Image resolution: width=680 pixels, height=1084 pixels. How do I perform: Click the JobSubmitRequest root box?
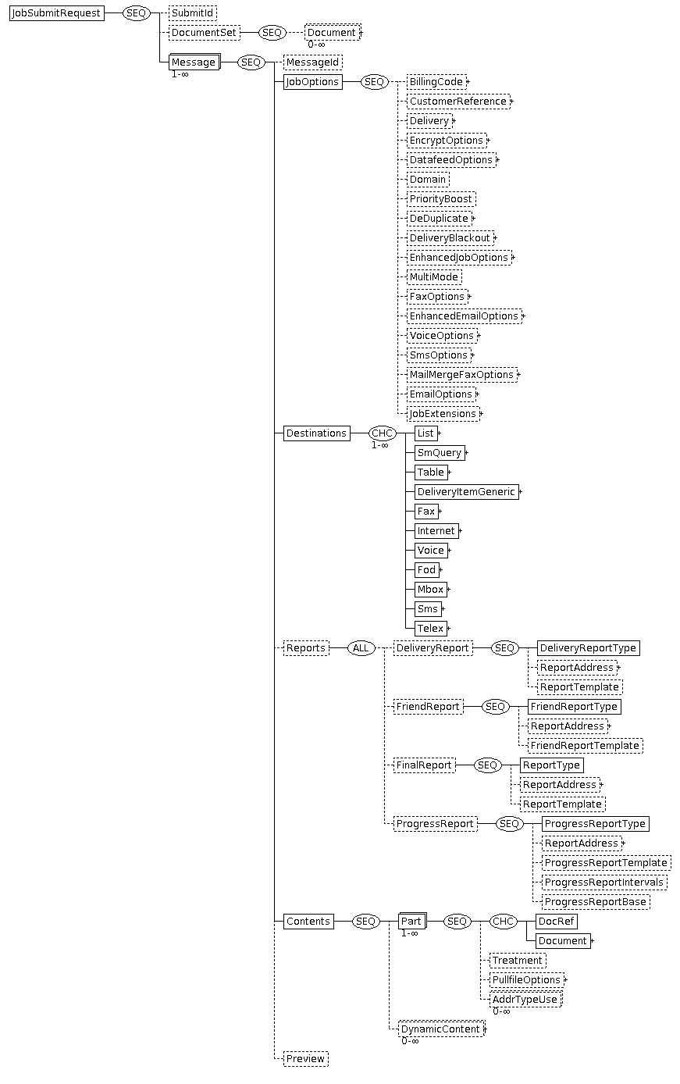point(56,13)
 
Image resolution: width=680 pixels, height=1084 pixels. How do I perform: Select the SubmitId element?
point(193,13)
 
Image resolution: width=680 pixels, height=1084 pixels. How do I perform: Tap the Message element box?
point(194,62)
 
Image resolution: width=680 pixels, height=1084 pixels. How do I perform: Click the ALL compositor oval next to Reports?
point(361,648)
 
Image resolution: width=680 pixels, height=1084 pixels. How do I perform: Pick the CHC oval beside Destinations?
point(382,433)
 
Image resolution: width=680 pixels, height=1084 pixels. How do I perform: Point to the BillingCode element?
point(436,82)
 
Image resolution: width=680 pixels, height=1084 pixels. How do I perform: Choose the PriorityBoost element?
point(440,199)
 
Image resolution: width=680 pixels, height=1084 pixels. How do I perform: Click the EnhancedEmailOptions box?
point(464,316)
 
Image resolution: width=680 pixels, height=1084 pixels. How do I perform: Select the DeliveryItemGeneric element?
point(466,492)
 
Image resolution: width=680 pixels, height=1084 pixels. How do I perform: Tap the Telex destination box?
point(430,628)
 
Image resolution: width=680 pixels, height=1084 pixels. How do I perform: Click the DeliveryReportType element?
point(588,648)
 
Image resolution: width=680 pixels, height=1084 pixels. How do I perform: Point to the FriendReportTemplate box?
point(585,745)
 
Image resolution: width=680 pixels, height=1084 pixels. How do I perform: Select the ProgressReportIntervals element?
point(604,883)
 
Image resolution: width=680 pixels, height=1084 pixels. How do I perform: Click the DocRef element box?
point(556,922)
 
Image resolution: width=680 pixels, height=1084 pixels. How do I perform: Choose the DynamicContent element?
point(441,1029)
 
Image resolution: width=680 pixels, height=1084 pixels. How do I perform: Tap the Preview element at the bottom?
point(306,1058)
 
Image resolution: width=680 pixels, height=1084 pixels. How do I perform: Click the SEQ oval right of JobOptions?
point(374,82)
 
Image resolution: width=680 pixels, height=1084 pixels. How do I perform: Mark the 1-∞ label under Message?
point(180,74)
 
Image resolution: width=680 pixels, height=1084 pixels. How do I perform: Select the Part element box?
point(412,922)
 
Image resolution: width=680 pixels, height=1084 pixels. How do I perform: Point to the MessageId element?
point(313,62)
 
